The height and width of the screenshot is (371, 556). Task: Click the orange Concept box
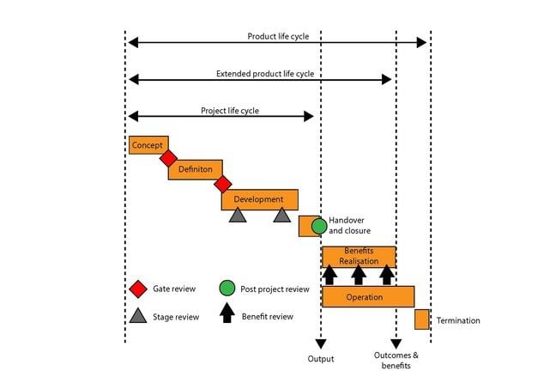coord(148,145)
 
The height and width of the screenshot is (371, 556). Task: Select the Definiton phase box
coord(195,169)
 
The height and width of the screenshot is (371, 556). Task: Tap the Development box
coord(259,199)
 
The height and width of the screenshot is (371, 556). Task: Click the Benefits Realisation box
coord(359,256)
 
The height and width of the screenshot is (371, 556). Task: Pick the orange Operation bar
coord(368,296)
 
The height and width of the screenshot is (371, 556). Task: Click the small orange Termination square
coord(421,319)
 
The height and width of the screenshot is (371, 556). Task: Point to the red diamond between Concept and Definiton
coord(168,158)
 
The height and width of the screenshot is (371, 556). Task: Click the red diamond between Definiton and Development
coord(223,184)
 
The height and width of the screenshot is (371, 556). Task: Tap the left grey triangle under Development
coord(238,215)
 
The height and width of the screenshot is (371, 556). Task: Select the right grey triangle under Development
coord(282,215)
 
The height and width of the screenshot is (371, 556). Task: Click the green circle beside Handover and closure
coord(319,226)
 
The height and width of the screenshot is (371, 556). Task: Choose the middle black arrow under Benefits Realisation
coord(359,275)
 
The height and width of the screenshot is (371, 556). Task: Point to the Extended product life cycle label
coord(264,74)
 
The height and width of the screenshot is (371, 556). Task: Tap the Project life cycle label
coord(229,111)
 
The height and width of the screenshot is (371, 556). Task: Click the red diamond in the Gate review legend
coord(137,289)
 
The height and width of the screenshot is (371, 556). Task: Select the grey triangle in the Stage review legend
coord(137,315)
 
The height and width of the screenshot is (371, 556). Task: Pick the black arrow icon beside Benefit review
coord(227,313)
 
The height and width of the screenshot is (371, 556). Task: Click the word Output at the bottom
coord(320,358)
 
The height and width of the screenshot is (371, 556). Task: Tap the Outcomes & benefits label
coord(396,361)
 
